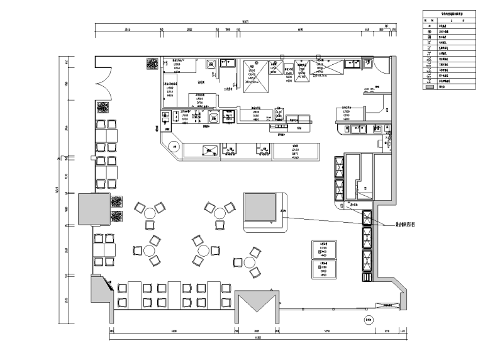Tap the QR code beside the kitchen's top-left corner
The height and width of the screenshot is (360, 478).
tap(152, 64)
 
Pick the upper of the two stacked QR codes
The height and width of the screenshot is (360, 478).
tap(117, 203)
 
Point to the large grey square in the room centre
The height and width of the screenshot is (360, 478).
tap(260, 209)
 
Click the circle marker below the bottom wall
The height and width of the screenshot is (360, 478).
tap(368, 320)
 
